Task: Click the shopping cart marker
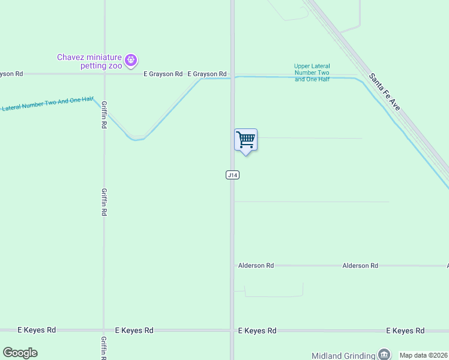point(246,140)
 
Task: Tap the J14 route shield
point(233,175)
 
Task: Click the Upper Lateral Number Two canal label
point(312,73)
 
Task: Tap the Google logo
point(20,353)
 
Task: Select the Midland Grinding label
point(343,355)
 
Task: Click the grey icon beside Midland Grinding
point(384,355)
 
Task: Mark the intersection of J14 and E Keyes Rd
point(232,330)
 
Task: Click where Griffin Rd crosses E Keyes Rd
point(104,330)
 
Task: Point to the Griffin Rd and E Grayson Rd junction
point(104,74)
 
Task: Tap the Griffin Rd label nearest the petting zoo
point(104,114)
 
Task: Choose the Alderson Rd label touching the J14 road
point(256,265)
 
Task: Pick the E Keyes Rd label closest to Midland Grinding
point(405,331)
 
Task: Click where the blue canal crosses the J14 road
point(232,77)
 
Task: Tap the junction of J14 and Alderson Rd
point(232,265)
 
